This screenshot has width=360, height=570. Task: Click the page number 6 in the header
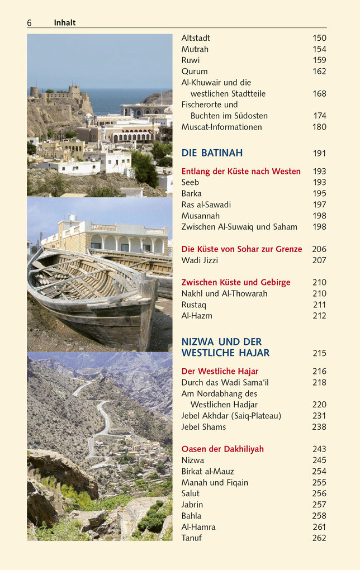point(29,23)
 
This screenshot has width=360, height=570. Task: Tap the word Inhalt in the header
point(64,23)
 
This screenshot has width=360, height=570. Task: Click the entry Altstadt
point(196,38)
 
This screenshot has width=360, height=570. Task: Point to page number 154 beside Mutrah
point(319,49)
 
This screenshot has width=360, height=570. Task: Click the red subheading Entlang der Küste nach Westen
point(241,172)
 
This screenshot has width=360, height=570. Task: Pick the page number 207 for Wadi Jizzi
point(319,260)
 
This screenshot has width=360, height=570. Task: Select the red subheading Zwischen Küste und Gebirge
point(236,283)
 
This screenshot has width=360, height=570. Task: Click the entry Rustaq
point(193,305)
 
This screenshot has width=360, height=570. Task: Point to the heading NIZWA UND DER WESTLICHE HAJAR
point(225,347)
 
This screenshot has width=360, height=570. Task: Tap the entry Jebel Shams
point(203,427)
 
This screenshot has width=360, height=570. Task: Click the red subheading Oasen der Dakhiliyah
point(222,449)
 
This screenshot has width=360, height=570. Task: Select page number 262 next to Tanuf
point(319,538)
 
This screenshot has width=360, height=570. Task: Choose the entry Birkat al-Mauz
point(207,472)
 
